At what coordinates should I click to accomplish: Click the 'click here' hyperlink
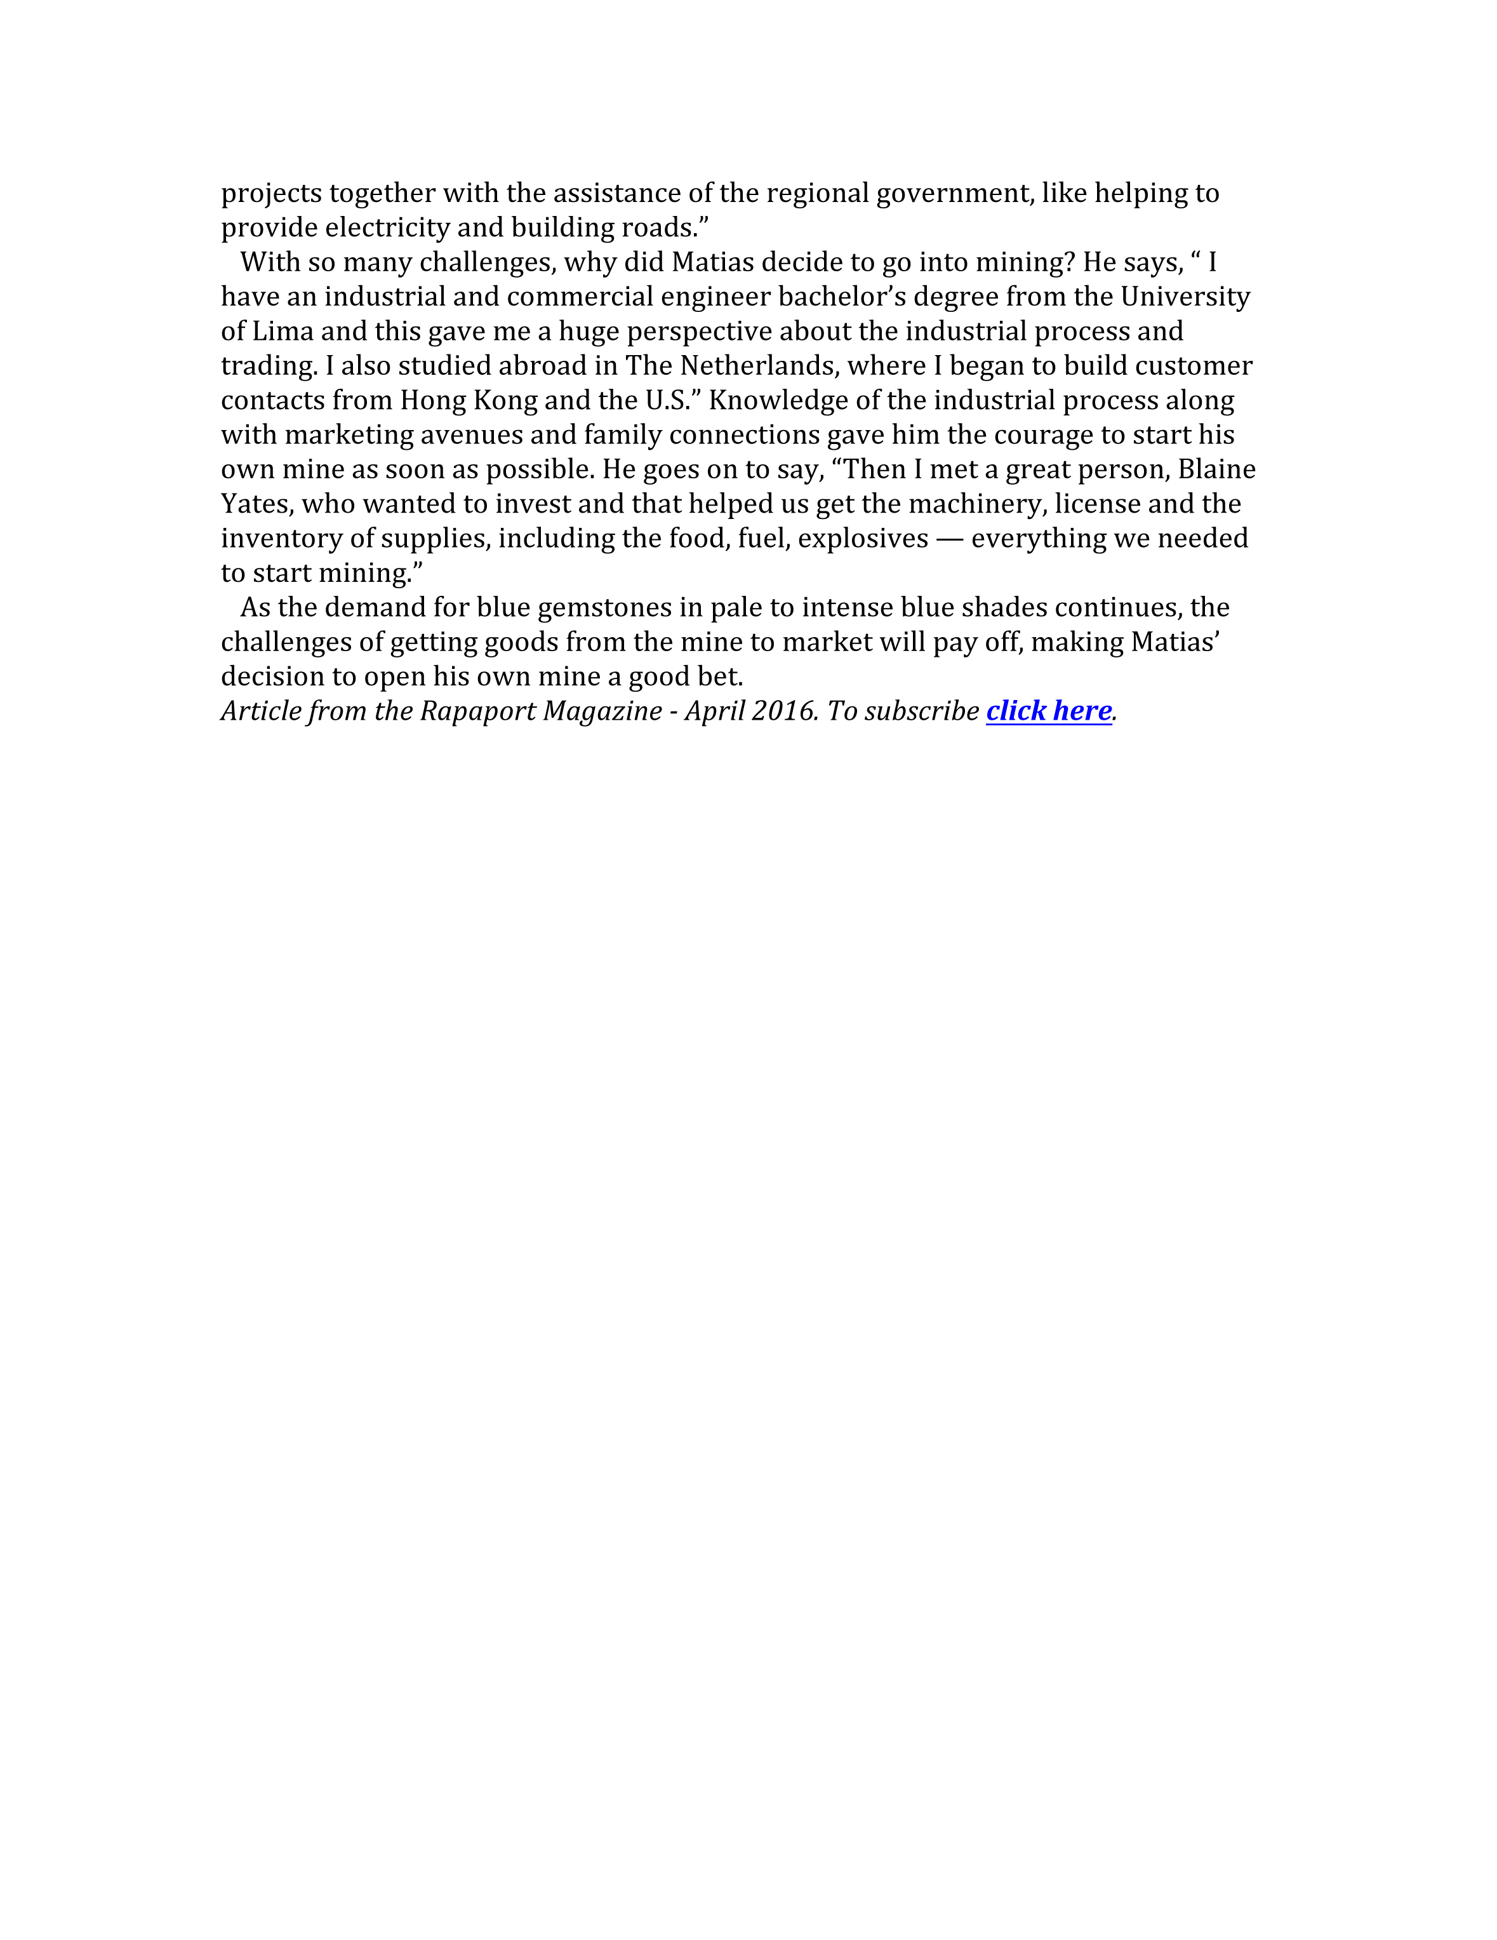(x=1049, y=711)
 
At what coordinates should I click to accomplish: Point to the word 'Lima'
(x=283, y=332)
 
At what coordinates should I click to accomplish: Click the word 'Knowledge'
(x=778, y=401)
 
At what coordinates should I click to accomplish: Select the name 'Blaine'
(x=1216, y=470)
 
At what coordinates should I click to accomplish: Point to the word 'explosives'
(x=863, y=539)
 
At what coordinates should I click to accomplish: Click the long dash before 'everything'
(x=950, y=539)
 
